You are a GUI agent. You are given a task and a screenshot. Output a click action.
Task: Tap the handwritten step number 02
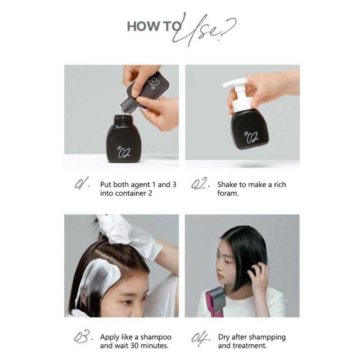(x=200, y=185)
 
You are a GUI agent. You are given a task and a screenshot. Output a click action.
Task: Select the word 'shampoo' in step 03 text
(x=157, y=337)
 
